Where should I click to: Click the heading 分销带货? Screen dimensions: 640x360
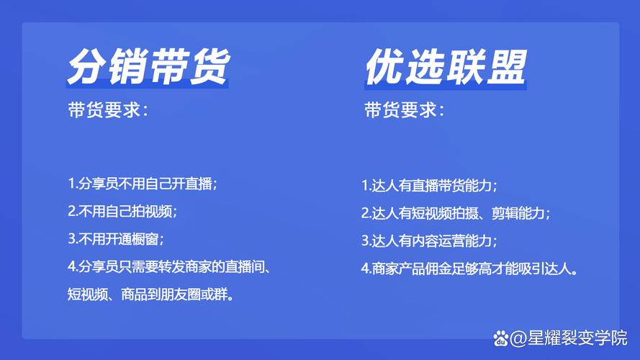148,66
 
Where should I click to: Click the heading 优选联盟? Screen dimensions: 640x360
446,67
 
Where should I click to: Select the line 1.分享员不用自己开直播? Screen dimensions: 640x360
143,184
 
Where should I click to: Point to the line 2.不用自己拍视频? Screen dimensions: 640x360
122,211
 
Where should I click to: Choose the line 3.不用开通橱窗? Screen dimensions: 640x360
115,239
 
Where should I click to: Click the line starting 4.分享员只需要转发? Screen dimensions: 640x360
169,267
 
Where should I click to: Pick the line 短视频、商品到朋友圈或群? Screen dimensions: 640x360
151,294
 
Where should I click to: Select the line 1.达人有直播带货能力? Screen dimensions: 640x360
429,186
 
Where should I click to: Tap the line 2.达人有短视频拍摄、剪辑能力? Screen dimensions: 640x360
456,213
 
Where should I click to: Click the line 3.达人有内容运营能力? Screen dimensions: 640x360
429,240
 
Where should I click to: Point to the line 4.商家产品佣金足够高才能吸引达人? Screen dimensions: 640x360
469,269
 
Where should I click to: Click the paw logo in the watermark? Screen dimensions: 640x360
500,338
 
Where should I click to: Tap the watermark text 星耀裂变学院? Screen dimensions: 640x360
577,338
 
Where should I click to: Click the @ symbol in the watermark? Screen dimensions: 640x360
518,338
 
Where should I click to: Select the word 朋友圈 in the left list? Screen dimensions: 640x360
181,294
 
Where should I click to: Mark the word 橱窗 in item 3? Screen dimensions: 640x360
145,239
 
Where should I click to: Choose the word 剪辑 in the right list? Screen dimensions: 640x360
505,213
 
